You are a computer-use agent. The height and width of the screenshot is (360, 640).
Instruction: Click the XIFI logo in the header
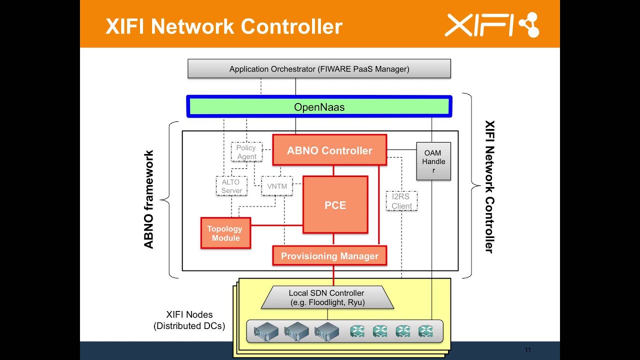pyautogui.click(x=492, y=25)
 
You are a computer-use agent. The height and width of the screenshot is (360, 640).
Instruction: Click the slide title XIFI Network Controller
pyautogui.click(x=223, y=26)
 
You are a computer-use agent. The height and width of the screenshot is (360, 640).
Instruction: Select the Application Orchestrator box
pyautogui.click(x=319, y=69)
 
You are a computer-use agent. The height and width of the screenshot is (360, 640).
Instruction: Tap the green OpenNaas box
pyautogui.click(x=319, y=107)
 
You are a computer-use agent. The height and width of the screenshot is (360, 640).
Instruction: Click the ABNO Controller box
pyautogui.click(x=329, y=150)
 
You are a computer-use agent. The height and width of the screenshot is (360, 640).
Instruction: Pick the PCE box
pyautogui.click(x=335, y=205)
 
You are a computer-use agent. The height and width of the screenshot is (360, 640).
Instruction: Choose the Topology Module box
pyautogui.click(x=225, y=233)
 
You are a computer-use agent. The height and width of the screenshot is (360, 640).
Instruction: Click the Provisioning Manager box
pyautogui.click(x=329, y=255)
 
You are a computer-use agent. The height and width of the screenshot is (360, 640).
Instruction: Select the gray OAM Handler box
pyautogui.click(x=433, y=161)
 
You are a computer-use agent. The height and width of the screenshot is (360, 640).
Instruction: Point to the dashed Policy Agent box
pyautogui.click(x=246, y=152)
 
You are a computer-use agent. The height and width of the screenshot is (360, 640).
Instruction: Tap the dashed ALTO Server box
pyautogui.click(x=231, y=186)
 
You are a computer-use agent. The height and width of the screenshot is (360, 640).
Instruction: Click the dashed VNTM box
pyautogui.click(x=276, y=186)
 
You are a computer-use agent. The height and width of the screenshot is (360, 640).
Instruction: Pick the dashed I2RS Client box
pyautogui.click(x=401, y=201)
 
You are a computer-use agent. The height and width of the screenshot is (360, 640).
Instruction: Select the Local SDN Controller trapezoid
pyautogui.click(x=327, y=297)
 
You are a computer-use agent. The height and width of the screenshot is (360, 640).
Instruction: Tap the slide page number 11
pyautogui.click(x=527, y=350)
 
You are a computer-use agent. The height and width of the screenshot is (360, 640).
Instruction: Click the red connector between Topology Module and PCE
pyautogui.click(x=276, y=225)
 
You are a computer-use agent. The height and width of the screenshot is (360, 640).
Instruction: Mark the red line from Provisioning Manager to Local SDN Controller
pyautogui.click(x=333, y=275)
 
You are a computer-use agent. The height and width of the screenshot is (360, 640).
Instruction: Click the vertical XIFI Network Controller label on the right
pyautogui.click(x=489, y=186)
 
